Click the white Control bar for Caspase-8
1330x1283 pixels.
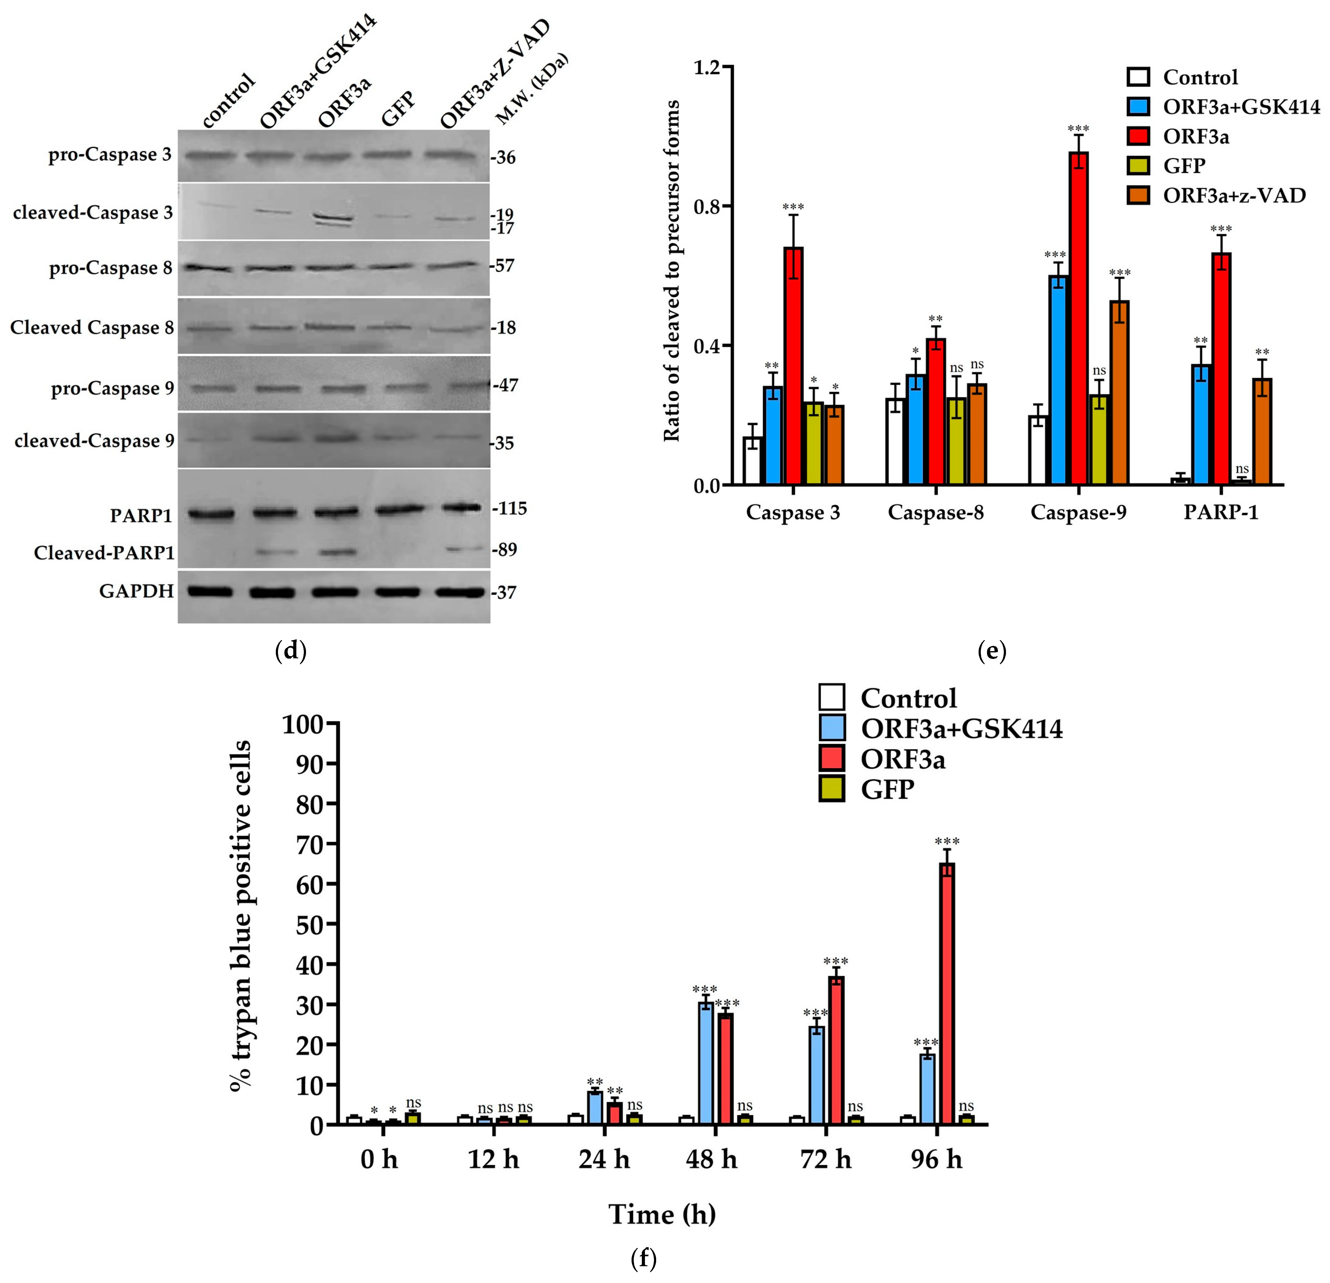tap(896, 441)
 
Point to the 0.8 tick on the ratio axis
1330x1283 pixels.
tap(709, 206)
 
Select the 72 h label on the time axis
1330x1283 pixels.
tap(825, 1159)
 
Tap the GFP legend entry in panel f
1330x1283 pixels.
tap(886, 790)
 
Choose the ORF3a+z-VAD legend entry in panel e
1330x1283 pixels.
tap(1234, 195)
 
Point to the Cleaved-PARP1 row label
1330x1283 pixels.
tap(104, 553)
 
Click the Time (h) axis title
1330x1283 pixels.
tap(662, 1214)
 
